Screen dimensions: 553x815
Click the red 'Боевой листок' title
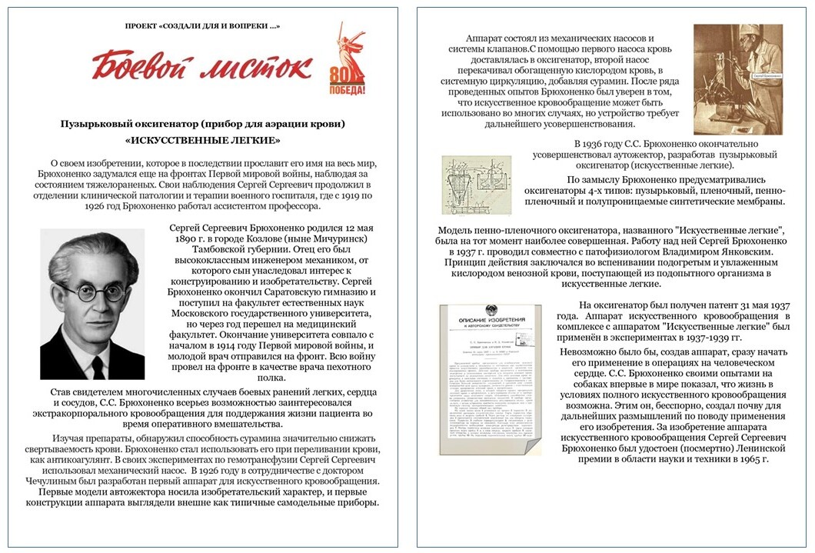(204, 66)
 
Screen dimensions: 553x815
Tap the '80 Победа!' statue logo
(352, 58)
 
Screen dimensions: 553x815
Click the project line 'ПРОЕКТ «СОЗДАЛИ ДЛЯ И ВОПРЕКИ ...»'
(203, 26)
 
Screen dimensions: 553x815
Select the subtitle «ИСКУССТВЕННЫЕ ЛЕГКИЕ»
(202, 141)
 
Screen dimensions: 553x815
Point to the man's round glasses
(89, 291)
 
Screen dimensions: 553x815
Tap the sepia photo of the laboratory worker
(737, 79)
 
